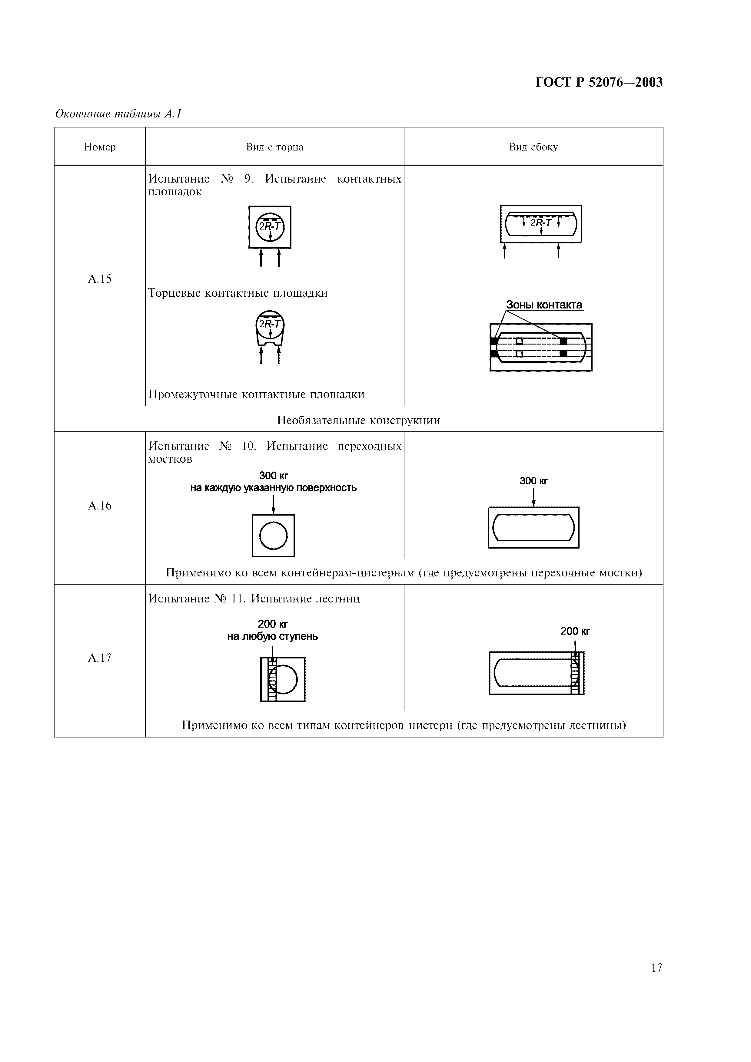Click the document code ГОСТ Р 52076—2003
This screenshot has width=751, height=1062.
pos(599,82)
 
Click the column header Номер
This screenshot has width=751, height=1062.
pos(100,147)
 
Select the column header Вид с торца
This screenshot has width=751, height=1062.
pos(274,147)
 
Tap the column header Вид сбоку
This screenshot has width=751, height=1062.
pos(533,147)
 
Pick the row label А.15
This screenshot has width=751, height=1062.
pos(100,279)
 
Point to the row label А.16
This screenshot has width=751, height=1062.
pos(100,506)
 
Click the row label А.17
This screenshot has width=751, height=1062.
pos(100,658)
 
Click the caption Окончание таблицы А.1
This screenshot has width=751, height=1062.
pos(118,114)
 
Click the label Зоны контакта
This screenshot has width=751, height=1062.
pos(544,305)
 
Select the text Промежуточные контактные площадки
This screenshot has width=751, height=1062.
pos(256,394)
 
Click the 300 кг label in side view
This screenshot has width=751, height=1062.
pos(533,481)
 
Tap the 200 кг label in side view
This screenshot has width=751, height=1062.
pos(575,631)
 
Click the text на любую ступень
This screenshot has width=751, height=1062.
pos(273,636)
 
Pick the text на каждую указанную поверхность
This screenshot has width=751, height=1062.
pos(274,488)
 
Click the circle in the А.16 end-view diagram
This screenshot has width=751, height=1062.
pos(274,536)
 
